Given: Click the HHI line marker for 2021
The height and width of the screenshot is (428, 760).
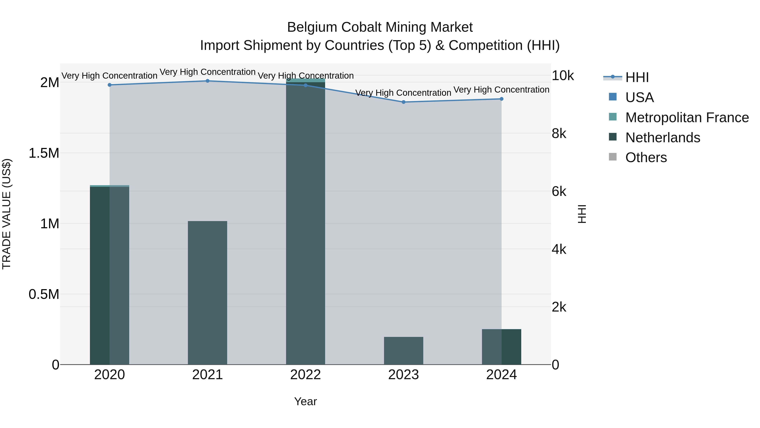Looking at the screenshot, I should coord(207,81).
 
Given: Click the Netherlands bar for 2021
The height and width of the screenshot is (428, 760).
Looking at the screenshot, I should coord(207,293).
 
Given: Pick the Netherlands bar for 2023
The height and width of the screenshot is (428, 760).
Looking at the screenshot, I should coord(404,351).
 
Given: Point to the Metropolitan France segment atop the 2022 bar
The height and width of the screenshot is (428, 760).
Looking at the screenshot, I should coord(305,80).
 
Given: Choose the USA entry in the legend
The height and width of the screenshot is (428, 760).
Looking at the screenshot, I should coord(639,97).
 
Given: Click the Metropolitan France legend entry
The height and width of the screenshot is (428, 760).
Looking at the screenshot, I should coord(687,118).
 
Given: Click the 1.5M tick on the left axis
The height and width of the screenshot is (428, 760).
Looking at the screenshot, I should coord(44,153).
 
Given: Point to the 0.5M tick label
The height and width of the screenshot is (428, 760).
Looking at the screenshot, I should coord(44,294).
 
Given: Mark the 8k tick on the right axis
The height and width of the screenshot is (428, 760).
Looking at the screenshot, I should coord(559,134).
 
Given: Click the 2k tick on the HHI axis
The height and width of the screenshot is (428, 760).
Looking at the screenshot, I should coord(559,307).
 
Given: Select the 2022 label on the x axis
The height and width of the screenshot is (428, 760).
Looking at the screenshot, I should coord(305,375).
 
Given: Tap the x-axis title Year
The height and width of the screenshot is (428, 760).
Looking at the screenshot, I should coord(305,401).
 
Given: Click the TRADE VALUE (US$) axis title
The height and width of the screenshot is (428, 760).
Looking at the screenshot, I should coord(7,214).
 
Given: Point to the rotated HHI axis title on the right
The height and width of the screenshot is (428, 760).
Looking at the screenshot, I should coord(582,214).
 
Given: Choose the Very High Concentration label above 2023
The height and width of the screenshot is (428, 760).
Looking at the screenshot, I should coord(403,93).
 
